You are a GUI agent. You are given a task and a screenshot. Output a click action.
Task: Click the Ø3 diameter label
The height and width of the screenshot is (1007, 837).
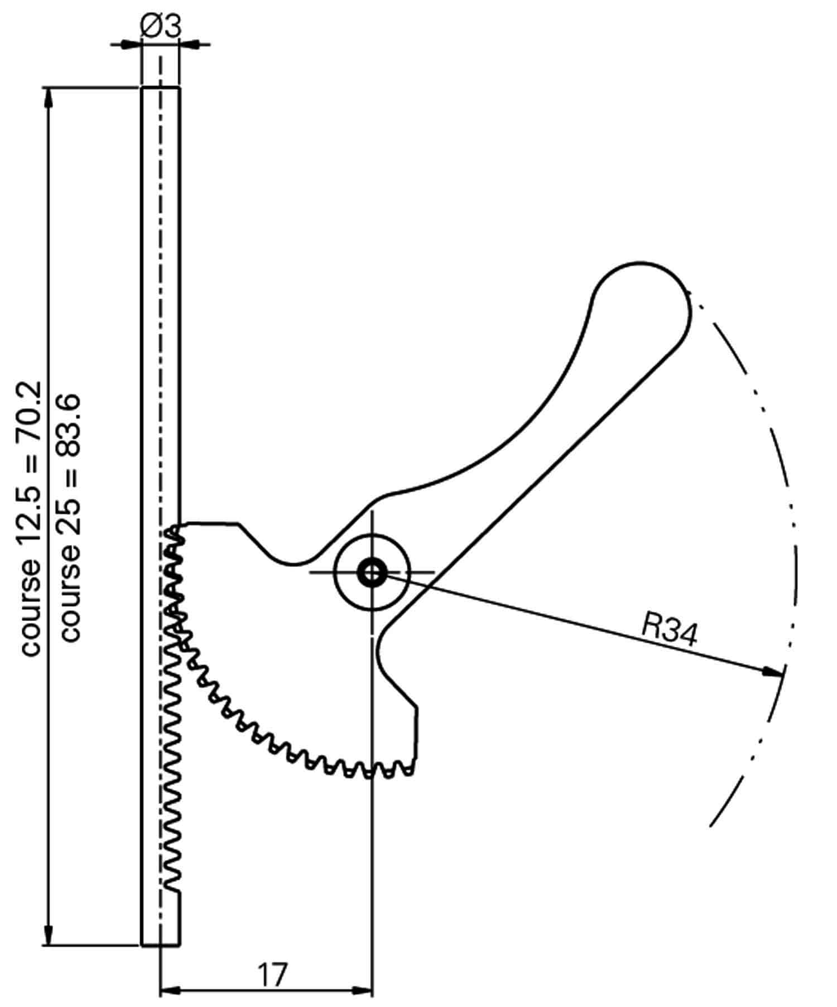coord(160,27)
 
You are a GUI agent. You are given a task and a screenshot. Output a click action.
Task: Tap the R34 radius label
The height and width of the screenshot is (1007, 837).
coord(669,629)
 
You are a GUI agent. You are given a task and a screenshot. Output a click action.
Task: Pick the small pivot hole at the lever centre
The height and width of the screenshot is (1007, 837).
coord(372,572)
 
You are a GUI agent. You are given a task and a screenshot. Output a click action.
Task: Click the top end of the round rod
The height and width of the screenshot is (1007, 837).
coord(161,88)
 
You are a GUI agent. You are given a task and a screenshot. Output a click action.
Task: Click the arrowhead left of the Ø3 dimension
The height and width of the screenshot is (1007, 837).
coord(128,44)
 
